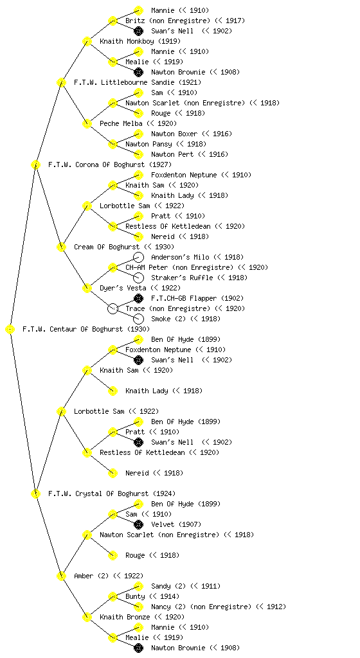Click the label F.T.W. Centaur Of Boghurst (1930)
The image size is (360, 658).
(x=86, y=329)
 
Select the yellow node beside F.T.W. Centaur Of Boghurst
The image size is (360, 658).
(x=10, y=330)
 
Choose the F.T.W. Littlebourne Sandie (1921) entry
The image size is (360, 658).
(x=138, y=82)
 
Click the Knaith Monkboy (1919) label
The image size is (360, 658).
(x=140, y=41)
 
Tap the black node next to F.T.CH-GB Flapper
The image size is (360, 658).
(x=138, y=298)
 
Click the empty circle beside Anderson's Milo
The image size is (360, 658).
(x=138, y=257)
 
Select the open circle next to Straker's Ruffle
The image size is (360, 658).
(x=138, y=278)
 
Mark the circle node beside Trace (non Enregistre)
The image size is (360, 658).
(x=113, y=309)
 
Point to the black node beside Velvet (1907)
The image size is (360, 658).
(x=138, y=524)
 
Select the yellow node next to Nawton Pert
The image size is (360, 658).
(x=138, y=154)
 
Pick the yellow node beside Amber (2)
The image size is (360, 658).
(x=61, y=576)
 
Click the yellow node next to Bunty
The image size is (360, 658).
(x=113, y=597)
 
